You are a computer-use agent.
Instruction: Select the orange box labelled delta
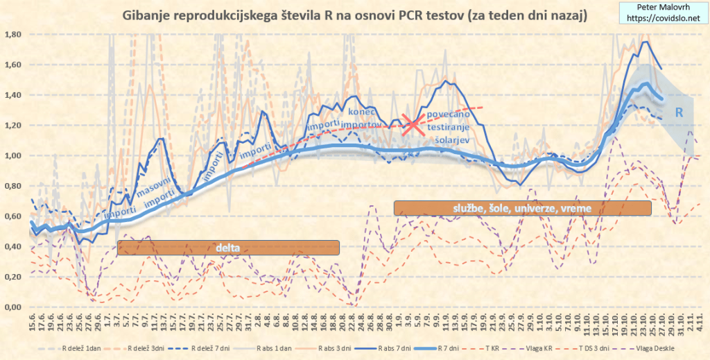pyautogui.click(x=228, y=248)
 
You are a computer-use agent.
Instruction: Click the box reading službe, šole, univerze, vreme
pyautogui.click(x=523, y=207)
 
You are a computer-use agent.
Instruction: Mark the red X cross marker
pyautogui.click(x=413, y=125)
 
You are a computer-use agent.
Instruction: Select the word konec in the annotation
pyautogui.click(x=361, y=111)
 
